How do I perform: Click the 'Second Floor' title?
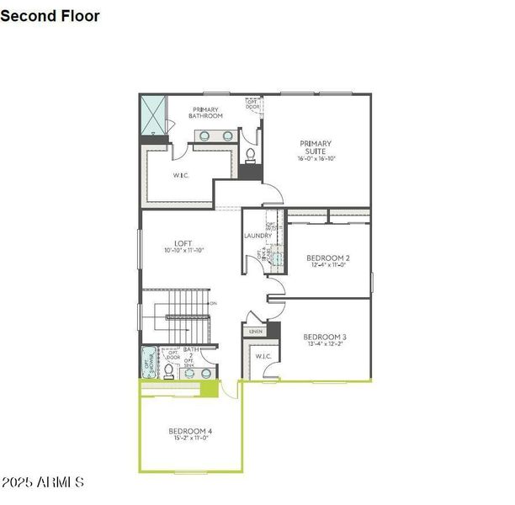tap(50, 16)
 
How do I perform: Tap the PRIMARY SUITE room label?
tap(314, 144)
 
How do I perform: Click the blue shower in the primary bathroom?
tap(153, 115)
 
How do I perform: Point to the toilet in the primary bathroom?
tap(250, 156)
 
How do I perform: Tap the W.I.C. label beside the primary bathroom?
tap(180, 175)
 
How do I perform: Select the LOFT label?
tap(183, 243)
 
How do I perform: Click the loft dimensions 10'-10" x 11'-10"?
tap(183, 251)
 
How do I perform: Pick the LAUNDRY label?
tap(257, 236)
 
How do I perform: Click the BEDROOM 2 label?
tap(327, 258)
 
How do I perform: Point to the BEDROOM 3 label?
tap(325, 337)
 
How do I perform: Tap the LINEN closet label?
tap(255, 332)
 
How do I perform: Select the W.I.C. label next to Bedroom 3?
tap(263, 357)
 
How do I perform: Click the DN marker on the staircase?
tap(213, 303)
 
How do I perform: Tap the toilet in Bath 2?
tap(169, 369)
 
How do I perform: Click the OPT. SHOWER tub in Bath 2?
tap(151, 362)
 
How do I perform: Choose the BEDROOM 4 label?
tap(190, 431)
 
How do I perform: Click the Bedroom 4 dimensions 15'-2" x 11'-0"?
tap(190, 439)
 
